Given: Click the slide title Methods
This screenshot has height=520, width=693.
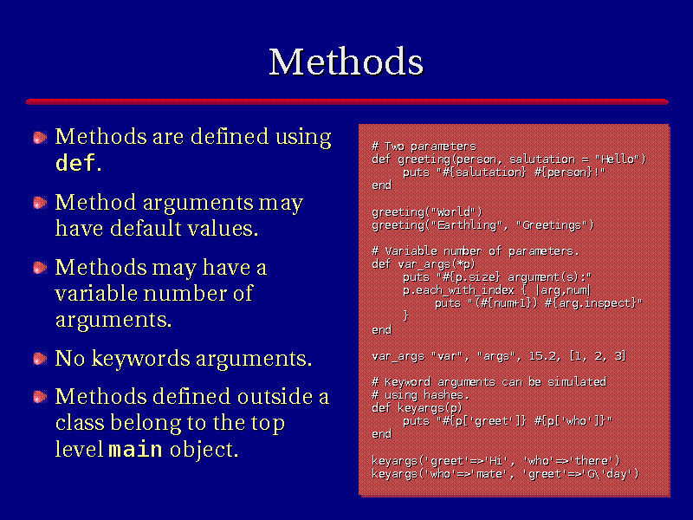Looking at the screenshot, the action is pyautogui.click(x=346, y=62).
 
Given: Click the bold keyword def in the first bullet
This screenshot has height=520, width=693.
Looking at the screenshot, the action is pyautogui.click(x=75, y=163).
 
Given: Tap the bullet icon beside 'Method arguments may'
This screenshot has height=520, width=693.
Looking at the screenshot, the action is pyautogui.click(x=40, y=203).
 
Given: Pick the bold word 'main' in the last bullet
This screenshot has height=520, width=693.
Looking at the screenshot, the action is pyautogui.click(x=136, y=449).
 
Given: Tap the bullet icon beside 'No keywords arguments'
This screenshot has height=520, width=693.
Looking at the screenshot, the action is pyautogui.click(x=40, y=359).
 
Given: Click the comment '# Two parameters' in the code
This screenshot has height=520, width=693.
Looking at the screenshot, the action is pyautogui.click(x=424, y=146).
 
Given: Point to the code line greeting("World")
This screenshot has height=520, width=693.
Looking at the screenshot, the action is pyautogui.click(x=427, y=212).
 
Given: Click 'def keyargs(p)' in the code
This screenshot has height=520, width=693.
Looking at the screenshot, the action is pyautogui.click(x=417, y=407).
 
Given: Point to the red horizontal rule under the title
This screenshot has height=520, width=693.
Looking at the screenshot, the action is pyautogui.click(x=347, y=101).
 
